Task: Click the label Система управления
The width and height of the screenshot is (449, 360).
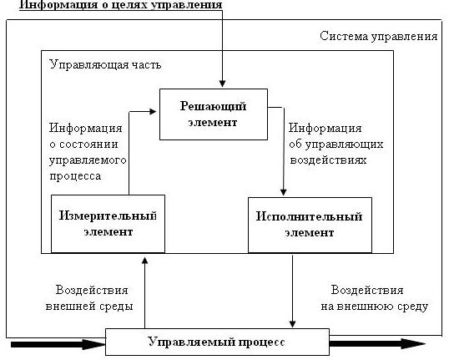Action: click(x=379, y=37)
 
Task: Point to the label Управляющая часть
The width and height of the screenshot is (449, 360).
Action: click(x=105, y=64)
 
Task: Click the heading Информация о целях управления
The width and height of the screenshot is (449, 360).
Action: click(x=120, y=5)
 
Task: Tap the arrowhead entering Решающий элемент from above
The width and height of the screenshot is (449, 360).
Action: click(x=222, y=84)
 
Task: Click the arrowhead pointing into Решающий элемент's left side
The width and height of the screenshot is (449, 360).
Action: click(x=153, y=111)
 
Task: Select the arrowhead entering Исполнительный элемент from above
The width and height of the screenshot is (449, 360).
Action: click(x=283, y=192)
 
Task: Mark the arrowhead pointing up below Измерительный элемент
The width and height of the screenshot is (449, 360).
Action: click(x=145, y=261)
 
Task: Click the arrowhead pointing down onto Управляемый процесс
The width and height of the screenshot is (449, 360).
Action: click(x=292, y=324)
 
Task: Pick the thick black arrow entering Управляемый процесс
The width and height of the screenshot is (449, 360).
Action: click(x=58, y=344)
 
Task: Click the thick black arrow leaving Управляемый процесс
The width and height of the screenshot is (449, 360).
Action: click(x=377, y=343)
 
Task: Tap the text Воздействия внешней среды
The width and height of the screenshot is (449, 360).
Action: click(x=89, y=298)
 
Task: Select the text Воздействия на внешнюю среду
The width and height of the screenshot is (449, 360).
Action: click(x=374, y=298)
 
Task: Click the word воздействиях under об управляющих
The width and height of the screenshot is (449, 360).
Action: click(x=328, y=160)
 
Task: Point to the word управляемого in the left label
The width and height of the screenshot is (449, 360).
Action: click(x=88, y=160)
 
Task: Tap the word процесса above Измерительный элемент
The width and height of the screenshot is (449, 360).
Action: click(x=75, y=176)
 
